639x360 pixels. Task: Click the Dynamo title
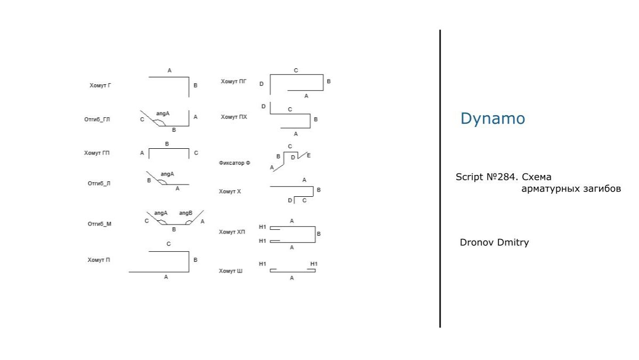492,118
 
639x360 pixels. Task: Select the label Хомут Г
100,85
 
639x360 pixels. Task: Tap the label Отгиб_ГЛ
97,119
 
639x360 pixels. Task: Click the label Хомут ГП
96,153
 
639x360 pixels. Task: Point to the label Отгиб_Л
99,183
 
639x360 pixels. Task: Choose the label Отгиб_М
99,224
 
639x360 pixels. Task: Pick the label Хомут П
99,260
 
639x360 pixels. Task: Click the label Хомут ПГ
234,81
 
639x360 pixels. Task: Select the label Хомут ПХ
234,117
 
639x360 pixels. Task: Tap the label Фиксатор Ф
234,163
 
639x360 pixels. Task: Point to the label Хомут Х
230,191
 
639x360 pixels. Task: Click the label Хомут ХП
232,232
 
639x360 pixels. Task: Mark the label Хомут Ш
230,271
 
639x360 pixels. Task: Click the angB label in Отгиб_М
185,213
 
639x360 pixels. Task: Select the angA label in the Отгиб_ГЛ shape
163,114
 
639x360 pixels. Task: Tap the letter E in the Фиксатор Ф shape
309,155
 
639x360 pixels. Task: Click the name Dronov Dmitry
494,243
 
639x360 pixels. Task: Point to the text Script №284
487,177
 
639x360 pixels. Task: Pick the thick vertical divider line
440,178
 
